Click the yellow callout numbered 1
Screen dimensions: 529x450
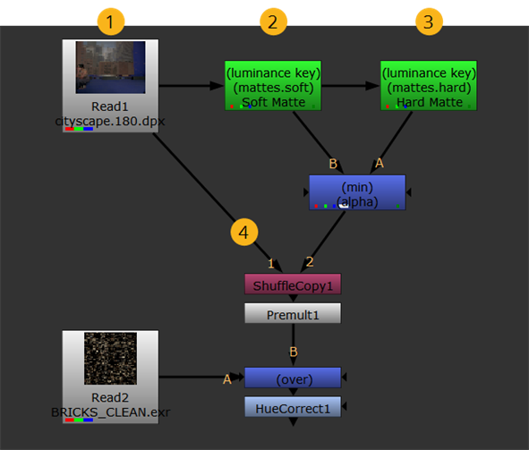tap(111, 21)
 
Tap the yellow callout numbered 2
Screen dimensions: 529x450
tap(273, 21)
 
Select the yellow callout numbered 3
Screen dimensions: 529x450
tap(429, 21)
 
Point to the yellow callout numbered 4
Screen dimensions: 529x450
tap(244, 232)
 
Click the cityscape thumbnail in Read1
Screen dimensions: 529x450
tap(111, 67)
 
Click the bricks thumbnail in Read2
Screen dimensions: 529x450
tap(111, 359)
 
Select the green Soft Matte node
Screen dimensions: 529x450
tap(273, 86)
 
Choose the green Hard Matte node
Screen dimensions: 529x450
tap(429, 86)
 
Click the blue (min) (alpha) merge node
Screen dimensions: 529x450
tap(357, 192)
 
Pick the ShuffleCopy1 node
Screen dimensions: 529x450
tap(293, 284)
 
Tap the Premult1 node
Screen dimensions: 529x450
tap(293, 313)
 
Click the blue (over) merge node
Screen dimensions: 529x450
tap(293, 378)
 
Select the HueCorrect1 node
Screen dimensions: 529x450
tap(293, 407)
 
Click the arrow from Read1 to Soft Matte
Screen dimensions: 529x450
tap(191, 86)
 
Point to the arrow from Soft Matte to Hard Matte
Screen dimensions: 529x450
tap(351, 86)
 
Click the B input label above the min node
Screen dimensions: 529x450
tap(333, 164)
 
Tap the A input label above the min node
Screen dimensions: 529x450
tap(380, 163)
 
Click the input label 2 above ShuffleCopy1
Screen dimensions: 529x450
tap(310, 261)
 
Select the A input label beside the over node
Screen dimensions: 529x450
tap(227, 379)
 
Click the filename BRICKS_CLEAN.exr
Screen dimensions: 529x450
tap(111, 412)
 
